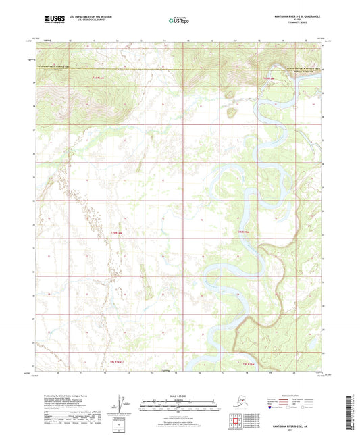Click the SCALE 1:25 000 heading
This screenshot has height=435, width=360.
pyautogui.click(x=180, y=395)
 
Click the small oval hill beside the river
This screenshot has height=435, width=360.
pyautogui.click(x=232, y=112)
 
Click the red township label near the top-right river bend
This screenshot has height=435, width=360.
pyautogui.click(x=268, y=78)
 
